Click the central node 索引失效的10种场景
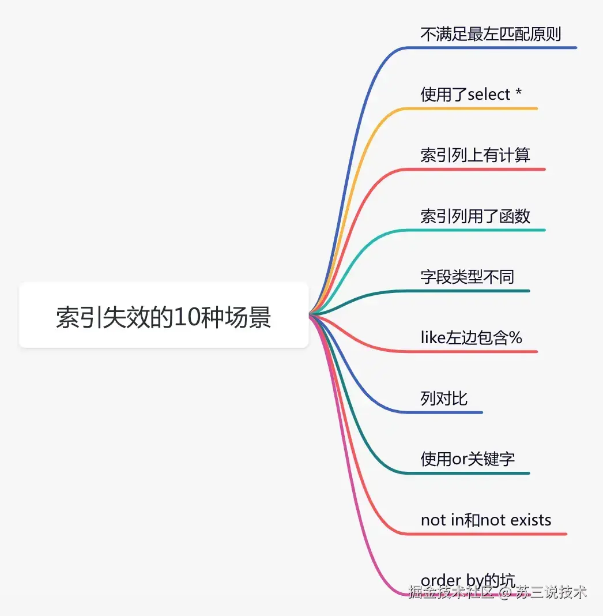tap(164, 316)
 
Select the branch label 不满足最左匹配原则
tap(491, 34)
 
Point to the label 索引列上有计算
tap(475, 155)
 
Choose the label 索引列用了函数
tap(475, 216)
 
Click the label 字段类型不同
tap(467, 277)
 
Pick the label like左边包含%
tap(472, 337)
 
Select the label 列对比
tap(444, 399)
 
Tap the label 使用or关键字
tap(468, 459)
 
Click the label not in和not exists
tap(486, 520)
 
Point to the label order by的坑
tap(468, 580)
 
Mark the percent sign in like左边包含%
tap(515, 338)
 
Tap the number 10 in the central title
tap(186, 317)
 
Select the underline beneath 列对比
tap(444, 412)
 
